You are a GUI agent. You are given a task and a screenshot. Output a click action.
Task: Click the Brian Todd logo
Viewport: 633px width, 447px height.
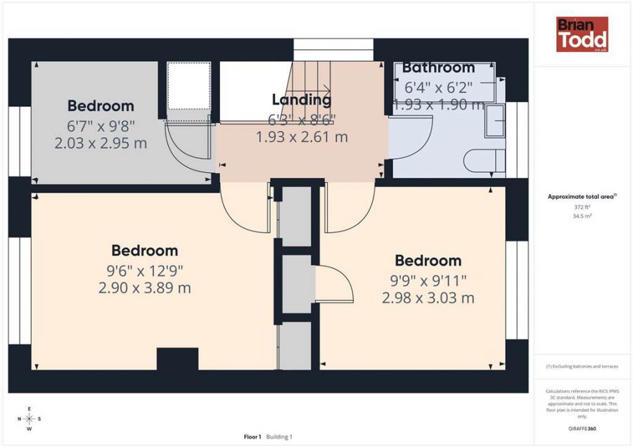582,34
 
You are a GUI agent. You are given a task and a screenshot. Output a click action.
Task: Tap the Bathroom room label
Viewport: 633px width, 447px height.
438,68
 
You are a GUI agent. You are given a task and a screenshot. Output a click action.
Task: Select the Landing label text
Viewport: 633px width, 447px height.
301,100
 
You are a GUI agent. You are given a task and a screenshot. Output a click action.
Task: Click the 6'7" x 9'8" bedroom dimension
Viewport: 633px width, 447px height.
101,127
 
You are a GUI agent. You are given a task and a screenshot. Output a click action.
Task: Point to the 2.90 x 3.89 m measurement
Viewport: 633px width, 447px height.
145,287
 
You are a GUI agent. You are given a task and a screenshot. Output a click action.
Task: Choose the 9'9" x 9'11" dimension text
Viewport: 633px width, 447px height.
428,280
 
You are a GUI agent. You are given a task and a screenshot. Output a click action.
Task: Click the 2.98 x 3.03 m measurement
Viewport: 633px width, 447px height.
428,298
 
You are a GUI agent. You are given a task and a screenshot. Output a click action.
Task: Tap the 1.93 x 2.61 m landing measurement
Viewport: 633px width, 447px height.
301,137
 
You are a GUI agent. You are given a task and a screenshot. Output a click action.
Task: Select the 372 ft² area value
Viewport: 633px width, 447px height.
582,207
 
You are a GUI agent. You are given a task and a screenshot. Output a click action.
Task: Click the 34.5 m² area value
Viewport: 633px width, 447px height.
582,216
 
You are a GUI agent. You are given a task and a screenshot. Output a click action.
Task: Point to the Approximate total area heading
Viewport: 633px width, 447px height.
582,197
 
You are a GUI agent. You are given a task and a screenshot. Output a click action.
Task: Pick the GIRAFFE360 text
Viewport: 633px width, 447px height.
582,428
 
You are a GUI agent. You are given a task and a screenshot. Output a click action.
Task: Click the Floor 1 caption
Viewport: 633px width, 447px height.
252,436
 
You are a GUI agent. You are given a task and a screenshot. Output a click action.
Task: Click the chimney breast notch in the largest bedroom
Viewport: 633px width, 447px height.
177,358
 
